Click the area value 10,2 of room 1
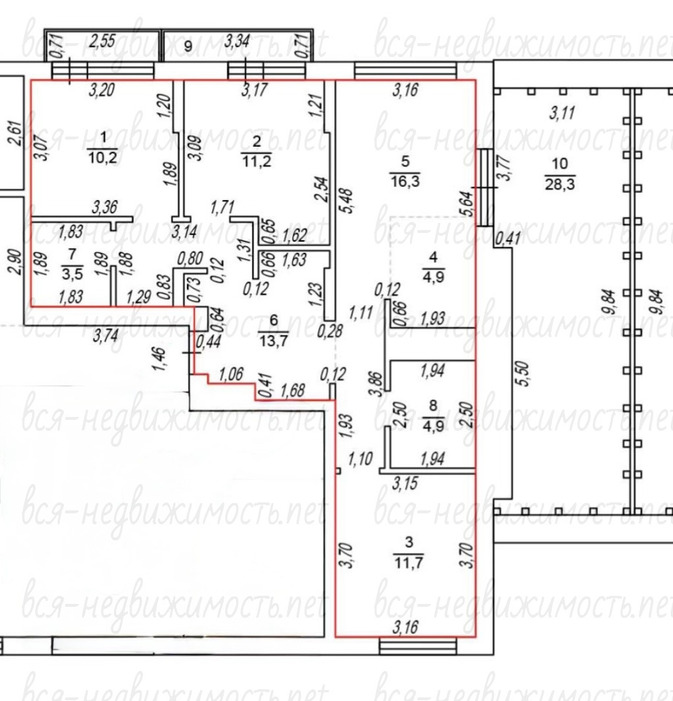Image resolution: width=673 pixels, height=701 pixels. [x=103, y=158]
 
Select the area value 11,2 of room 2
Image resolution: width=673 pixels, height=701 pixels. [x=256, y=161]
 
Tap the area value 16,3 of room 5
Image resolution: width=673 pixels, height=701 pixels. [x=405, y=181]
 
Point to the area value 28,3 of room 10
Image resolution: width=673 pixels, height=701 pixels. [x=560, y=183]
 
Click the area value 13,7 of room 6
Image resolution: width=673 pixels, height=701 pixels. [x=273, y=341]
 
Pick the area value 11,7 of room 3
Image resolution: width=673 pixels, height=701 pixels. [x=408, y=562]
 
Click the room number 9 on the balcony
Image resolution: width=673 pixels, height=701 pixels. [x=189, y=46]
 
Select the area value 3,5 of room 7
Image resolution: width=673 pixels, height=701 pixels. [x=72, y=274]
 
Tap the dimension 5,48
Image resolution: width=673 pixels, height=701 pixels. [x=346, y=202]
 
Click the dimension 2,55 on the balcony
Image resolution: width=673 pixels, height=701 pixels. [x=102, y=41]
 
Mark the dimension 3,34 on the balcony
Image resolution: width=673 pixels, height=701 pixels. [x=237, y=41]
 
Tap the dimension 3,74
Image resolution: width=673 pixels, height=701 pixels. [x=106, y=335]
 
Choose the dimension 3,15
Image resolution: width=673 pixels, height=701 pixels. [x=405, y=483]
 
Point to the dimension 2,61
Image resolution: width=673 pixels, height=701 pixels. [x=15, y=134]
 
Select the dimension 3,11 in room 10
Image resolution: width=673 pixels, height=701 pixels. [x=562, y=112]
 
